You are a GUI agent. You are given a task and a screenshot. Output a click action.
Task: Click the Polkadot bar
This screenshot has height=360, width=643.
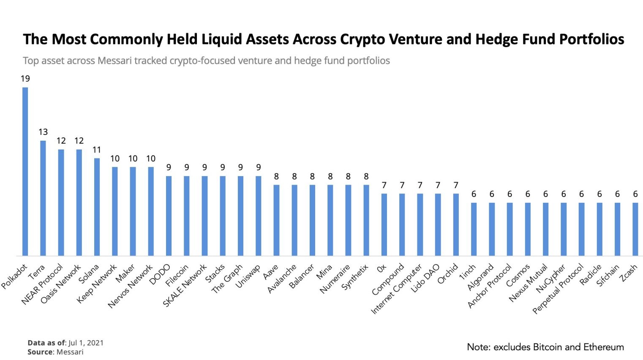click(x=25, y=171)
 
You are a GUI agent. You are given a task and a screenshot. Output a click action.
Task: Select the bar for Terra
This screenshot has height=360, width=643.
click(x=43, y=198)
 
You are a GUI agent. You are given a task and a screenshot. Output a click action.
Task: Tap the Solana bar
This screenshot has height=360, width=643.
click(x=97, y=207)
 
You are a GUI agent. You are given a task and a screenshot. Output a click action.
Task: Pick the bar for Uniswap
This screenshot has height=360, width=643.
click(x=259, y=215)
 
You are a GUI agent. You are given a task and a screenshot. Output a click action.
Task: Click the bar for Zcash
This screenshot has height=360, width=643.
click(x=635, y=229)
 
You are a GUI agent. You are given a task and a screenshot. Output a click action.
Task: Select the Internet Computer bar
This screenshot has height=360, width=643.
click(x=420, y=224)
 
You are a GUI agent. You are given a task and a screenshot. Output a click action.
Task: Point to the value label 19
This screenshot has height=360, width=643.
click(x=25, y=79)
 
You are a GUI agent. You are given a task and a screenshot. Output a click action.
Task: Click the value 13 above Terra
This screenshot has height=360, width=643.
click(x=43, y=132)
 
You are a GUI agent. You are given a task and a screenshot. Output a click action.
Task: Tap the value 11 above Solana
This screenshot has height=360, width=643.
click(x=97, y=150)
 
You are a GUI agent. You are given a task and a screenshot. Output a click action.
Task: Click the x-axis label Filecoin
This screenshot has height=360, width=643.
click(x=177, y=275)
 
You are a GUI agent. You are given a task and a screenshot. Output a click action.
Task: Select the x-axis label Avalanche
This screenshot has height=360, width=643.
click(x=282, y=279)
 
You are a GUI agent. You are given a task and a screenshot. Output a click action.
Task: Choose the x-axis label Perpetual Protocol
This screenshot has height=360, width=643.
click(x=558, y=289)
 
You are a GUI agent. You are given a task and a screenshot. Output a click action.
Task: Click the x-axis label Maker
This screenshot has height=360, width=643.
click(x=125, y=273)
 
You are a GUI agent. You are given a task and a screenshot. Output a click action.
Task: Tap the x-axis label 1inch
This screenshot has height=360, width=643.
click(x=467, y=273)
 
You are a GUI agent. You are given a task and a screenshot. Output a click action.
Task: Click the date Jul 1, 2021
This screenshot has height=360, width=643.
click(x=86, y=343)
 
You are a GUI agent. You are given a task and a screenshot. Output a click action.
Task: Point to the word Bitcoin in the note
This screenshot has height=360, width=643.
click(x=548, y=347)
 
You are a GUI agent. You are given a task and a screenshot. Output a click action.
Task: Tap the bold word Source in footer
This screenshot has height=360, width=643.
click(x=40, y=352)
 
